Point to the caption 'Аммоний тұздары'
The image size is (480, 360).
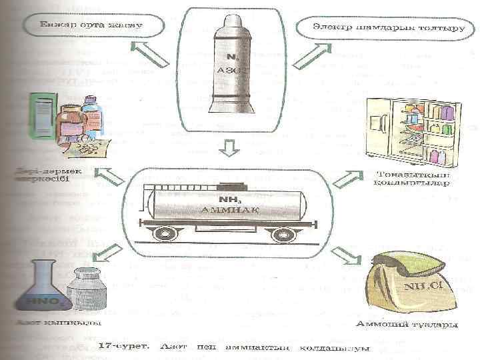[407, 325]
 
